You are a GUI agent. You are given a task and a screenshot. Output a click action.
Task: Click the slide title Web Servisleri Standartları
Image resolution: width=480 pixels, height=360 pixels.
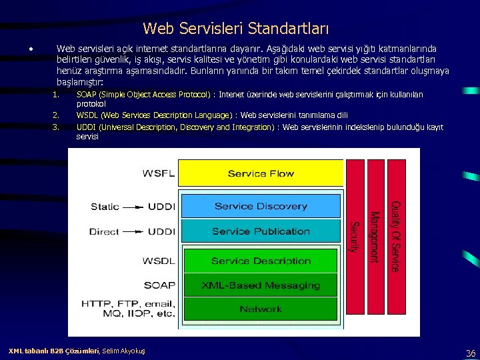point(235,29)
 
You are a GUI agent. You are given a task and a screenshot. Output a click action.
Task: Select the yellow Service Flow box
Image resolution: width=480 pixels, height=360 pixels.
point(261,173)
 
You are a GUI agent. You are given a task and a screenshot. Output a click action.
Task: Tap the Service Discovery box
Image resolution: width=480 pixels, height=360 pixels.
point(261,207)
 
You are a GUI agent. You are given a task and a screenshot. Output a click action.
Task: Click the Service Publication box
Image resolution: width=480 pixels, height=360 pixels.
point(261,231)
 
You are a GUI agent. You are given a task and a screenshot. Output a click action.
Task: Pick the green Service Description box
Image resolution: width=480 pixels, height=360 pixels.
point(261,261)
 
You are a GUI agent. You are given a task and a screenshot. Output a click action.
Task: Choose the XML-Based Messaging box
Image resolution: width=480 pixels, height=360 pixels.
point(261,285)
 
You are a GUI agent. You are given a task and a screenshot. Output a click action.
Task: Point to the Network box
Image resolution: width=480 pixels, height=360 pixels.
point(261,309)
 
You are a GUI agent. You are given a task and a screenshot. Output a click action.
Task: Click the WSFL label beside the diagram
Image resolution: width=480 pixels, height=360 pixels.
point(159,174)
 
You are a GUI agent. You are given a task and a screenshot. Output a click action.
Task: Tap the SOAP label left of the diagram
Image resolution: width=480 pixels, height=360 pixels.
point(159,285)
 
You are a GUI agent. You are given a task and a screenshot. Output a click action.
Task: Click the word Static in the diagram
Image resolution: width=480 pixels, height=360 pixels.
point(105,207)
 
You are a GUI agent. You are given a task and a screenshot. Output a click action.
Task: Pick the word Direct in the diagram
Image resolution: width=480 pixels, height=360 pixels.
point(105,231)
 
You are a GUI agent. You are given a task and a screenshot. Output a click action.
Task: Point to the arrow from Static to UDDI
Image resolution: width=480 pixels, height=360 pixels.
point(134,207)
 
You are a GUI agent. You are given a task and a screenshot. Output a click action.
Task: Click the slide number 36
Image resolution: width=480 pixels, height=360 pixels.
point(470,353)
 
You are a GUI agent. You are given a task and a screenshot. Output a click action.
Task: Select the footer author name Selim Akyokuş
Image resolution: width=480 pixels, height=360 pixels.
point(123,351)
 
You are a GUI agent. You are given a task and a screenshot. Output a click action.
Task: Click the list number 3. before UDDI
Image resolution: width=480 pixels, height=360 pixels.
point(56,127)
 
